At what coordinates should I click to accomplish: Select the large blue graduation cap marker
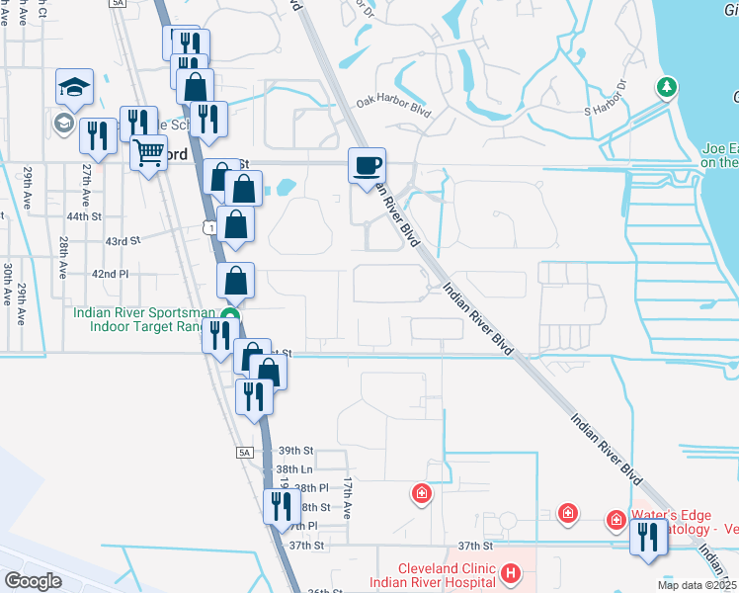tap(74, 87)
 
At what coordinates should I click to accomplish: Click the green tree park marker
tap(668, 87)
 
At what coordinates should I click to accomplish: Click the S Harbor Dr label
tap(606, 99)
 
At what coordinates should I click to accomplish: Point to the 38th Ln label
tap(293, 468)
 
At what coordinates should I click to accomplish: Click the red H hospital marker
tap(510, 572)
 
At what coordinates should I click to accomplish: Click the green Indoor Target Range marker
tap(229, 316)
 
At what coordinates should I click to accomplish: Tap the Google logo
tap(33, 581)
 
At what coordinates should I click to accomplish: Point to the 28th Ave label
tap(63, 255)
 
